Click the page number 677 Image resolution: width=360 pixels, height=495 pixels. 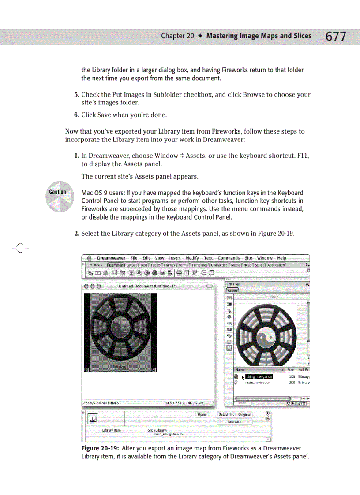[x=336, y=36]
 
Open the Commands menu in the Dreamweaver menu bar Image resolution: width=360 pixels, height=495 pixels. [x=229, y=258]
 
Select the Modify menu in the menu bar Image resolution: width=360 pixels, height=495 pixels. [x=192, y=258]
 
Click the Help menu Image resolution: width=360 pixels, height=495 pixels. [x=281, y=258]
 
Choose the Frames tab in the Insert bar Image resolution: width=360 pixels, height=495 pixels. [x=169, y=265]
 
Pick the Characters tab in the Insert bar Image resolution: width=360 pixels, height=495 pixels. [x=219, y=265]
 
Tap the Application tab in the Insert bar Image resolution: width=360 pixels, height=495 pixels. [x=276, y=265]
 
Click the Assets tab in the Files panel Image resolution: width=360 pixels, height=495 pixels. [x=232, y=290]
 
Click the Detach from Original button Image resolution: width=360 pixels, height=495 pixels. [x=234, y=414]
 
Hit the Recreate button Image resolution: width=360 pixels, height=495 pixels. [x=234, y=421]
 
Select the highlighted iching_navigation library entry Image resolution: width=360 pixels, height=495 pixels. [x=259, y=377]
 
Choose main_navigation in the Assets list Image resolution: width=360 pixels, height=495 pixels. [x=258, y=383]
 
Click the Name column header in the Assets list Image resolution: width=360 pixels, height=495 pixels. [x=240, y=370]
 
